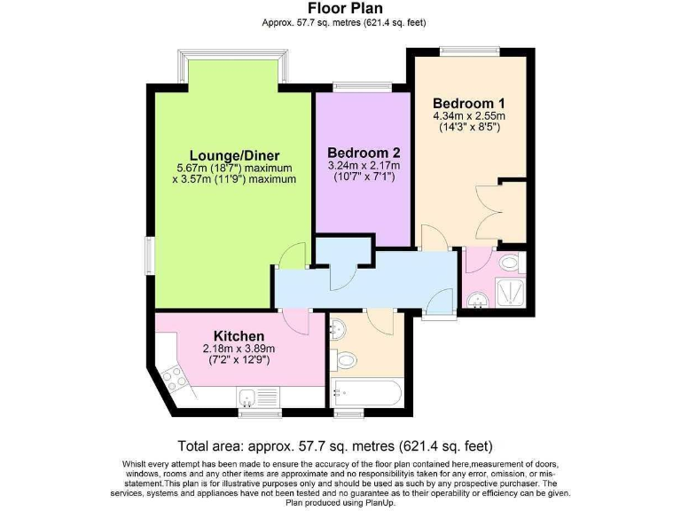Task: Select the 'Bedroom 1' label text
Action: point(467,103)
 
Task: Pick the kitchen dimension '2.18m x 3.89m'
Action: point(239,349)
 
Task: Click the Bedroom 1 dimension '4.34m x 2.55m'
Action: point(468,115)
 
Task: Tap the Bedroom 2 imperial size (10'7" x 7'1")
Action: point(364,177)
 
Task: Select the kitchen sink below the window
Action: point(259,397)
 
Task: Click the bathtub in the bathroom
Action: point(366,393)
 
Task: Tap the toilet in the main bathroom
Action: point(347,360)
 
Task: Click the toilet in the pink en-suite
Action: point(509,263)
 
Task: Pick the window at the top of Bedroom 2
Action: point(363,86)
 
